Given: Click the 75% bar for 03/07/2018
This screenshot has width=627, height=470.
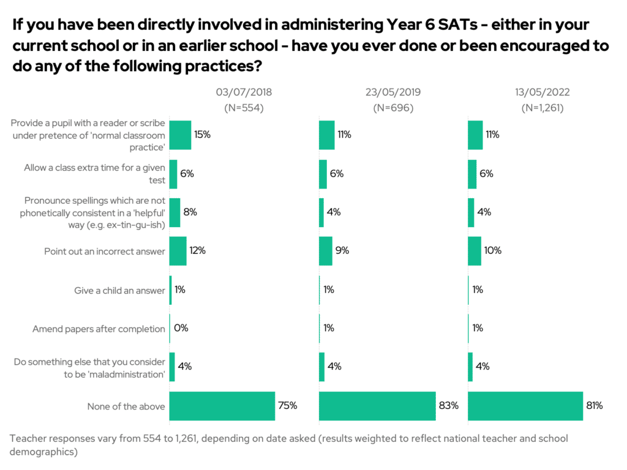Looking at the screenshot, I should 222,406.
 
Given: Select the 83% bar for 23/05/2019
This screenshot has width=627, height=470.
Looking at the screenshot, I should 377,406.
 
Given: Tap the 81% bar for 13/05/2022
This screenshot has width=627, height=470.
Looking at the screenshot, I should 525,406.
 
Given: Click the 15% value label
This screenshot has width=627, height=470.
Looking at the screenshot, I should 203,135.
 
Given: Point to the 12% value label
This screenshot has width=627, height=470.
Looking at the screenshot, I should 197,250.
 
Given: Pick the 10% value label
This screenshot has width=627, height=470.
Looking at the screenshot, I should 493,250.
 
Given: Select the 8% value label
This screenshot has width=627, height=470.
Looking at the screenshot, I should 190,212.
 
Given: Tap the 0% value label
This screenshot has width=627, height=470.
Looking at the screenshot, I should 181,328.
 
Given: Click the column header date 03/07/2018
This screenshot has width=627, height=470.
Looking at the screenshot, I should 244,93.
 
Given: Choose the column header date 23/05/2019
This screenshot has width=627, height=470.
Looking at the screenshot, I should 393,93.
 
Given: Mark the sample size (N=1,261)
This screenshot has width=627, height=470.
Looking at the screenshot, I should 543,108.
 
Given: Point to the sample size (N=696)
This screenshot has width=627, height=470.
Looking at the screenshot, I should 393,108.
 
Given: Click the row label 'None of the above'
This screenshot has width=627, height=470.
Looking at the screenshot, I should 126,406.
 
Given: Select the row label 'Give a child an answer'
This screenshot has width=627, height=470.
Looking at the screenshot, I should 119,290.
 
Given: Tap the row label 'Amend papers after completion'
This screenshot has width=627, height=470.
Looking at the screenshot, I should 99,329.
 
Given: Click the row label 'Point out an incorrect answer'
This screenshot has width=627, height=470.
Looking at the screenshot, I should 105,252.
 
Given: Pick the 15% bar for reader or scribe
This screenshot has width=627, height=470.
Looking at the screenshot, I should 180,135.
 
